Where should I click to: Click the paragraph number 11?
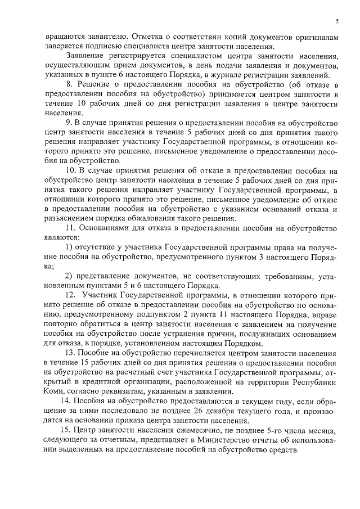click(70, 228)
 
